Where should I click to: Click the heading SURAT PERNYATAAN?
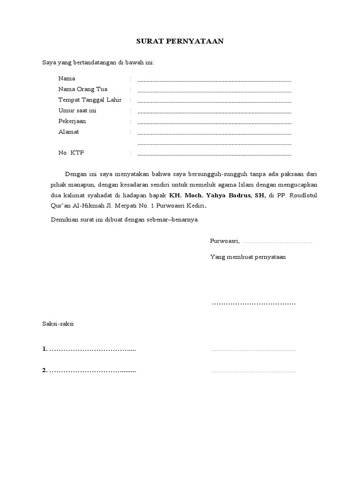[180, 41]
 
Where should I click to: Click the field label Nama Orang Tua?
[82, 89]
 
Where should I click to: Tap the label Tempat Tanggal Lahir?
[90, 100]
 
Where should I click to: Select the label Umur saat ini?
[77, 111]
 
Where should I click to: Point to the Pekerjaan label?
[72, 121]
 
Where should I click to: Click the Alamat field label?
[68, 132]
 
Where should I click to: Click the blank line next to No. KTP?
[214, 155]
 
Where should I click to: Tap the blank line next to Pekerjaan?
[214, 123]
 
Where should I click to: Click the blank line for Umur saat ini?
[214, 112]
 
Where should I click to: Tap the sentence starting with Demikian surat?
[125, 219]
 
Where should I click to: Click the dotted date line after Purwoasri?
[277, 242]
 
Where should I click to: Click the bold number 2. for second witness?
[45, 370]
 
